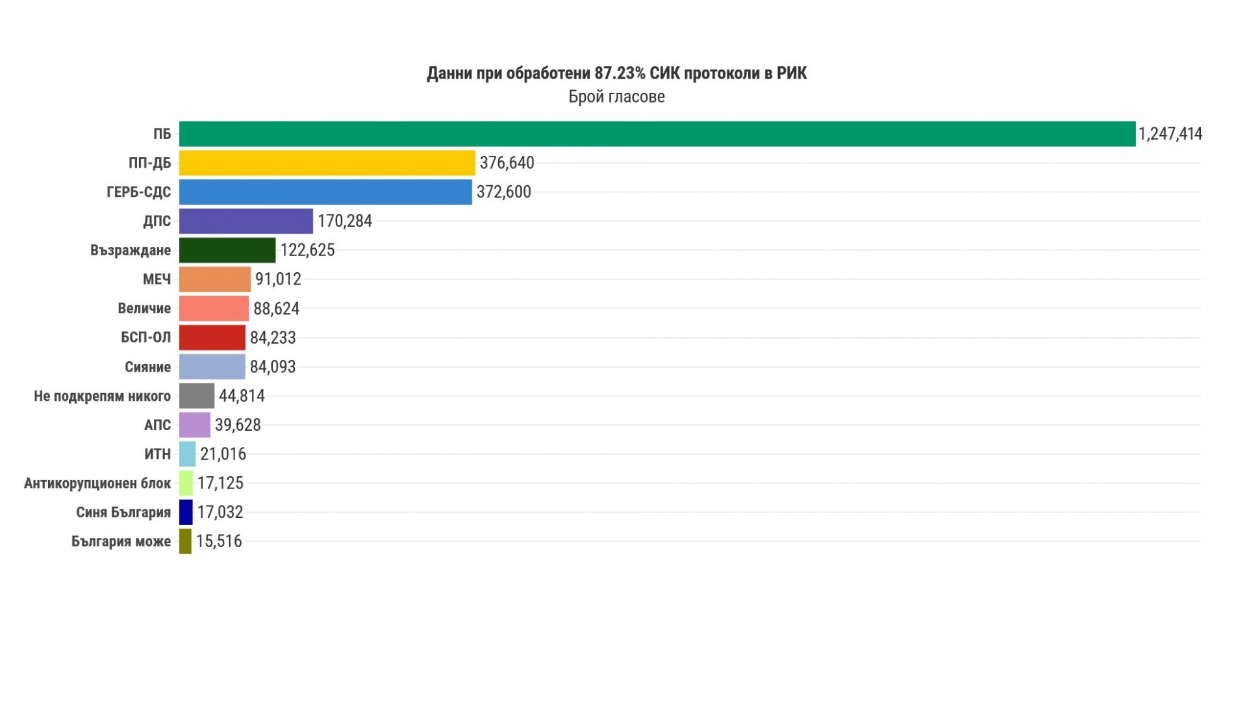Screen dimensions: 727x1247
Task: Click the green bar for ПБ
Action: click(657, 134)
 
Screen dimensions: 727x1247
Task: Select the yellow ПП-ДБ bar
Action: click(327, 163)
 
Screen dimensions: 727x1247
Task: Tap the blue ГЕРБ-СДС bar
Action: click(325, 192)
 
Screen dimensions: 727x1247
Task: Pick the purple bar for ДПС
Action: click(246, 221)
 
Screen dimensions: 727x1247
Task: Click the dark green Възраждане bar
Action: click(227, 250)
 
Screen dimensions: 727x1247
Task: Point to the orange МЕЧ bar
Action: click(215, 279)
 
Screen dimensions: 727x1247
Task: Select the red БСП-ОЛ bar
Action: click(212, 338)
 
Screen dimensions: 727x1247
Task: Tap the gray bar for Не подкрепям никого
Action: click(197, 396)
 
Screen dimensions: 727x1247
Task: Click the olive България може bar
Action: click(186, 541)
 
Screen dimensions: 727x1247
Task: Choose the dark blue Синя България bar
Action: click(186, 512)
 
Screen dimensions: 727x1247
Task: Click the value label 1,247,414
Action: click(1170, 134)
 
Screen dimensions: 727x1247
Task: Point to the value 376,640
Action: click(507, 163)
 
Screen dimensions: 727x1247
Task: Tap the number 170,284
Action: click(344, 221)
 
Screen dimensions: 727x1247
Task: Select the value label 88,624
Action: click(276, 309)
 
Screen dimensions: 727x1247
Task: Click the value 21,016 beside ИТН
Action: click(223, 454)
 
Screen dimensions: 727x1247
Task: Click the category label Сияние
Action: click(147, 367)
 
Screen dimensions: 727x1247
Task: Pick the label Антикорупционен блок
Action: click(97, 483)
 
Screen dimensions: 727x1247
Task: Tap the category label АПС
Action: click(157, 425)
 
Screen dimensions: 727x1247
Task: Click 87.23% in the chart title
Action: click(620, 73)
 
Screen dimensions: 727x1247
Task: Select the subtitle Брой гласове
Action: click(616, 97)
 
